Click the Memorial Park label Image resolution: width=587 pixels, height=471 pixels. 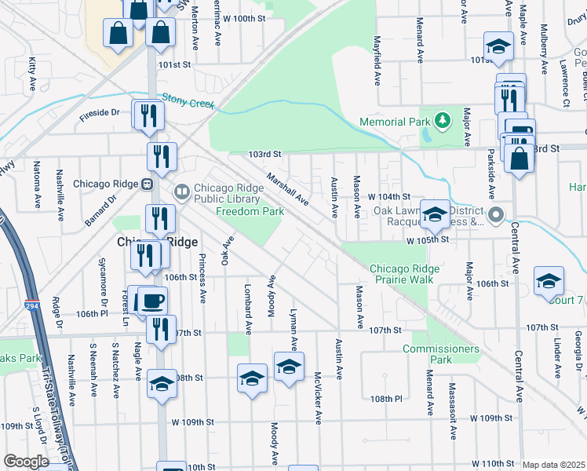click(395, 122)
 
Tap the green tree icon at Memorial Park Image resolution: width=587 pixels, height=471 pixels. click(444, 120)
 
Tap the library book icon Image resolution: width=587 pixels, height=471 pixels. click(182, 190)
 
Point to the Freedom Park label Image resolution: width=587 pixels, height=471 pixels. click(250, 211)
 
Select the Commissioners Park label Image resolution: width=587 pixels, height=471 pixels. click(440, 353)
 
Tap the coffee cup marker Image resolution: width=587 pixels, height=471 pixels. click(152, 301)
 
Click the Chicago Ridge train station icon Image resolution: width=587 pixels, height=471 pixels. click(146, 184)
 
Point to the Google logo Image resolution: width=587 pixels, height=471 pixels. click(26, 461)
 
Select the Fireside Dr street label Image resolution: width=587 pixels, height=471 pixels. click(99, 114)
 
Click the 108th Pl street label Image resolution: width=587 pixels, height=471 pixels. click(387, 399)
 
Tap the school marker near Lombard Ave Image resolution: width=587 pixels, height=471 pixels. click(252, 380)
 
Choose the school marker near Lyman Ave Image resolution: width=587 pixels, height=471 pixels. click(289, 367)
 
